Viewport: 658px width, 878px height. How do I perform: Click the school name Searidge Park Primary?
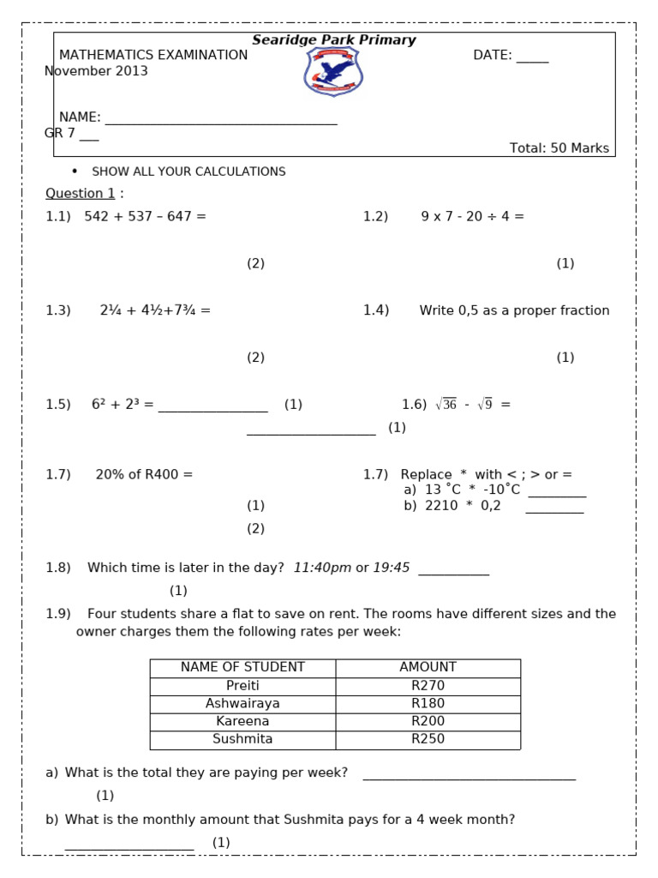pyautogui.click(x=333, y=40)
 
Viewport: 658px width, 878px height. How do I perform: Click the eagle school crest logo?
pyautogui.click(x=333, y=71)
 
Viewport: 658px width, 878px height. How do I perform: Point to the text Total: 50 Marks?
pyautogui.click(x=559, y=148)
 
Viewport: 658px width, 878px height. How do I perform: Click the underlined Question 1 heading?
pyautogui.click(x=80, y=194)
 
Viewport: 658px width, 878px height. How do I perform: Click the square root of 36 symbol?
pyautogui.click(x=446, y=405)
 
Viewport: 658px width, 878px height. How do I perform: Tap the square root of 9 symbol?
pyautogui.click(x=484, y=405)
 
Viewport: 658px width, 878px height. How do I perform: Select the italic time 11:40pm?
pyautogui.click(x=322, y=568)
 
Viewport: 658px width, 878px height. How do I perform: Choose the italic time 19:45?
pyautogui.click(x=392, y=568)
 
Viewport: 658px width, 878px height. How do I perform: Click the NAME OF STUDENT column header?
pyautogui.click(x=242, y=667)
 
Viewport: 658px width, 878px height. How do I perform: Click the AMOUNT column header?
pyautogui.click(x=428, y=667)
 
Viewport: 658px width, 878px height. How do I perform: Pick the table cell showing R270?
pyautogui.click(x=428, y=686)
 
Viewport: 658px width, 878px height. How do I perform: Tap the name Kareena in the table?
pyautogui.click(x=242, y=721)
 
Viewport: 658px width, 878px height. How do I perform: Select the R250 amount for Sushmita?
pyautogui.click(x=428, y=739)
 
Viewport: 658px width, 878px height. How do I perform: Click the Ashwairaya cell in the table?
pyautogui.click(x=242, y=703)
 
